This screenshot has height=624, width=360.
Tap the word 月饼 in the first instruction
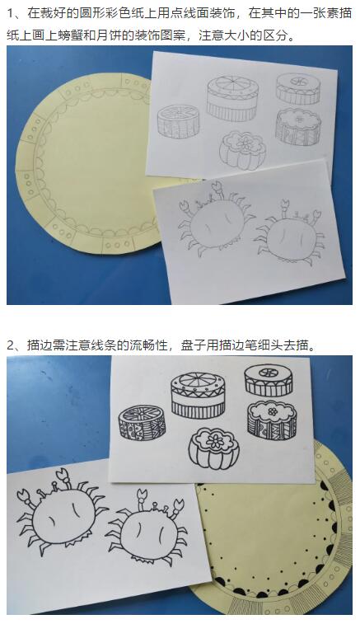click(105, 35)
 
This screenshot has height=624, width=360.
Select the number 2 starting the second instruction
click(11, 345)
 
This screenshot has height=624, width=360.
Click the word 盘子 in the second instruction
click(190, 345)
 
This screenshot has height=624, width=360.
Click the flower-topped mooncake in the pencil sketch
click(242, 150)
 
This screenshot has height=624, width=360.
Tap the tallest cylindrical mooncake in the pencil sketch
click(232, 98)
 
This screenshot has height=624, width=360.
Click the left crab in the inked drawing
click(62, 512)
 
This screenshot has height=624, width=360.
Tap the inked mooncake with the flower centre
click(213, 448)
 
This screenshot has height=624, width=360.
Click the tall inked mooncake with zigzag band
click(198, 395)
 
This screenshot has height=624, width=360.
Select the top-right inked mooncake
click(268, 380)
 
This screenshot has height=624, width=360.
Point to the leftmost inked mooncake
click(142, 423)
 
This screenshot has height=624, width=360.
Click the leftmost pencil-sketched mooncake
click(178, 121)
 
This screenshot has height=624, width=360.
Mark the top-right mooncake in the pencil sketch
click(298, 88)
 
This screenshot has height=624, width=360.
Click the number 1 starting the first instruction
click(11, 13)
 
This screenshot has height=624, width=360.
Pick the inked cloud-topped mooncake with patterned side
click(272, 420)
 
